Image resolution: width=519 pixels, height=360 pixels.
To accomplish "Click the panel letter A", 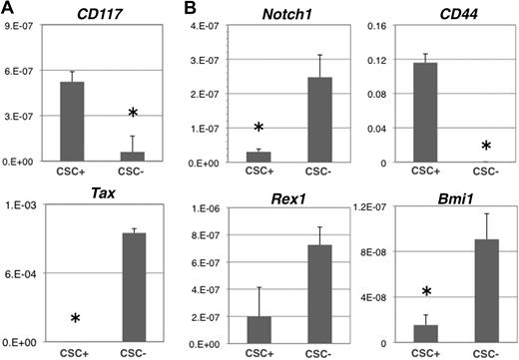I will click(x=8, y=9).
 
